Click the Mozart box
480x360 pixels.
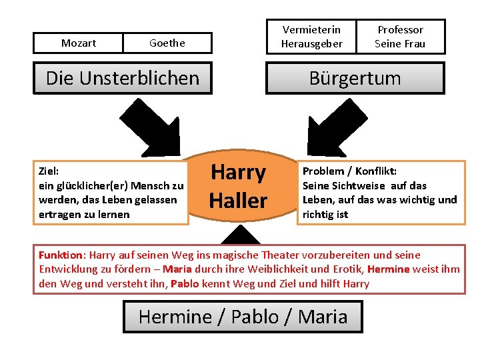[x=79, y=43]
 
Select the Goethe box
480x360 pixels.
[x=167, y=43]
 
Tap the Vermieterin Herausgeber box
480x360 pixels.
[x=312, y=37]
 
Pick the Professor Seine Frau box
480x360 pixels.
[x=400, y=37]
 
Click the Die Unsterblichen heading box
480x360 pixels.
[x=123, y=78]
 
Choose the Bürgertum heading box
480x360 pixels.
[x=355, y=78]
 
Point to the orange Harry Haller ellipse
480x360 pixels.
[x=239, y=187]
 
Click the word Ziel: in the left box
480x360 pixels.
[x=49, y=171]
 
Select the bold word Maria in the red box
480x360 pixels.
[x=177, y=269]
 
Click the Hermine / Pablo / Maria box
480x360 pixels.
[x=243, y=317]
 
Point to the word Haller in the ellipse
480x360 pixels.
[x=239, y=200]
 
